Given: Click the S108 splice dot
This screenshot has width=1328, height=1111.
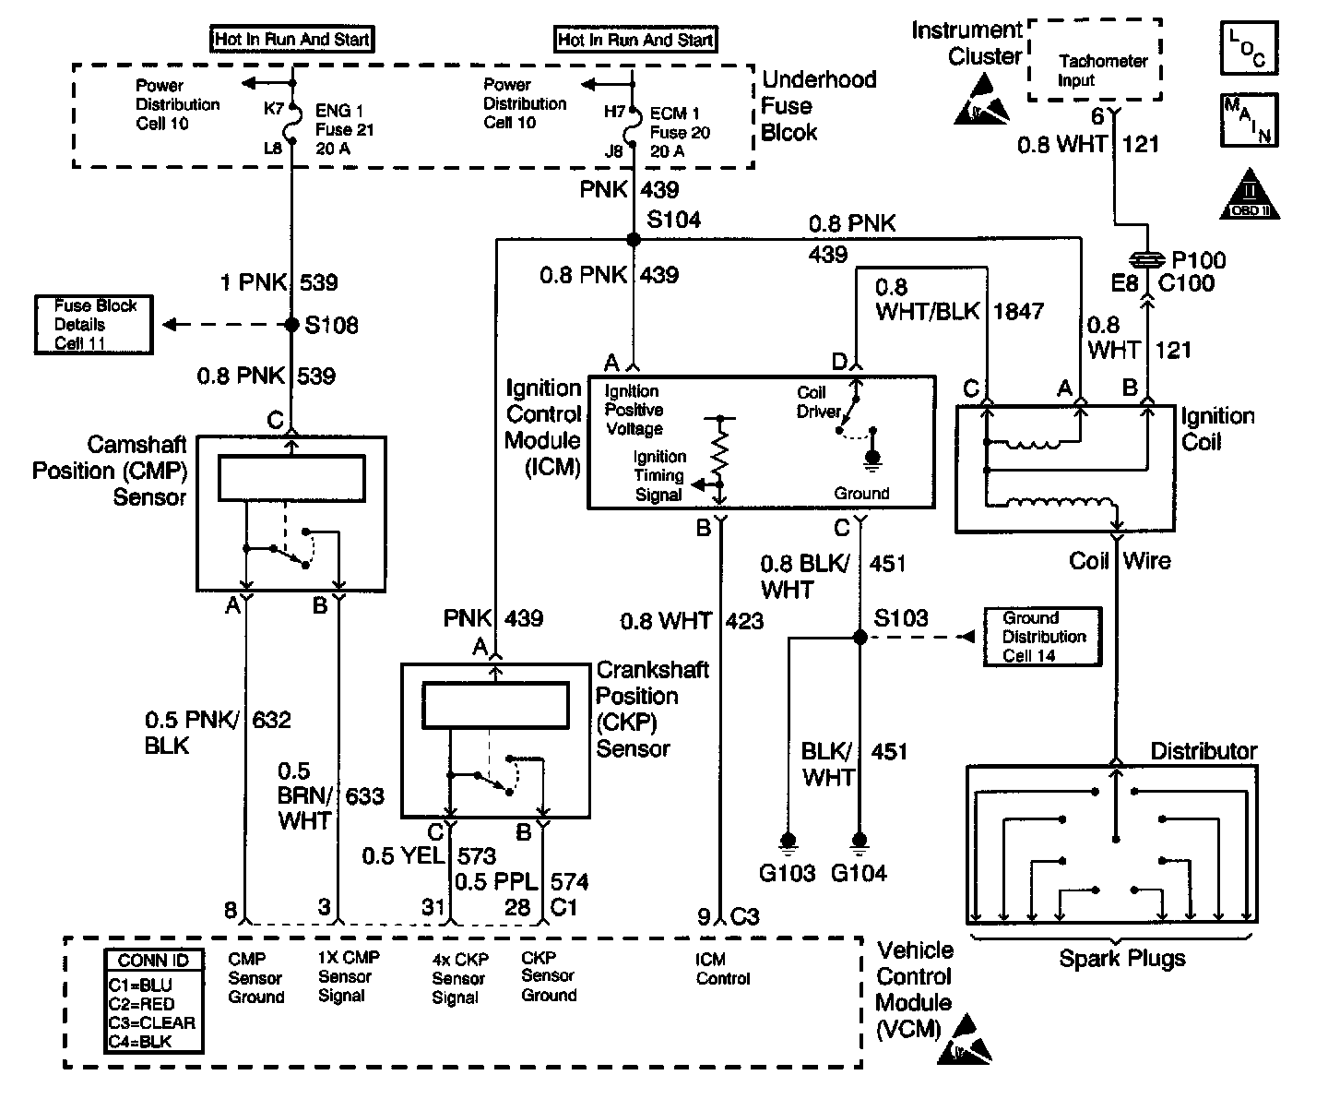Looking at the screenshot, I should pos(291,325).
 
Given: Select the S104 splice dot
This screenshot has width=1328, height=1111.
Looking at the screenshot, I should pos(633,239).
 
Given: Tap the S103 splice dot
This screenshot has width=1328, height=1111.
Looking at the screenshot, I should pos(860,638).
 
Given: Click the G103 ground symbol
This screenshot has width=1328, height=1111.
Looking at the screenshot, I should pos(788,841).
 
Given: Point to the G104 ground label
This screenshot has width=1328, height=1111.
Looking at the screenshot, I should pos(859,873).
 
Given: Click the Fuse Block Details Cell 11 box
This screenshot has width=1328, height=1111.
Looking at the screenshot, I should pos(94,324).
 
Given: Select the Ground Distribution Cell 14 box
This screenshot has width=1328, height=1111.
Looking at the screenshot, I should pos(1043,637).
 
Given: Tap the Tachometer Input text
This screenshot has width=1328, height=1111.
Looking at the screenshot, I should pos(1102,70).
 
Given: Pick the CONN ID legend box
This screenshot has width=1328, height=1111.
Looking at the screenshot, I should pos(153,1001).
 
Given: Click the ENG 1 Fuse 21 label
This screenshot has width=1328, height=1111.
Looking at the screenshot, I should pos(344,129).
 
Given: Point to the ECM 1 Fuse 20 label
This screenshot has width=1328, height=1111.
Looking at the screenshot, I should pos(680,131).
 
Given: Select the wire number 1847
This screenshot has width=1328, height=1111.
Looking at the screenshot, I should pos(1018,311).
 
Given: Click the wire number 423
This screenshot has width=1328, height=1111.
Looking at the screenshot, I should pos(744,621).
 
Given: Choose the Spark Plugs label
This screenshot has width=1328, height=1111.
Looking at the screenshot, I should pos(1121,958).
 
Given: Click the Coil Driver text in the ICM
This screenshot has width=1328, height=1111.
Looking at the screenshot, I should pos(818,401).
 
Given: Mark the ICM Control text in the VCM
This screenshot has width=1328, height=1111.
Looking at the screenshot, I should pos(722,969).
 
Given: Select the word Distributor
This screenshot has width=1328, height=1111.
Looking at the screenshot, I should pos(1203,751).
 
